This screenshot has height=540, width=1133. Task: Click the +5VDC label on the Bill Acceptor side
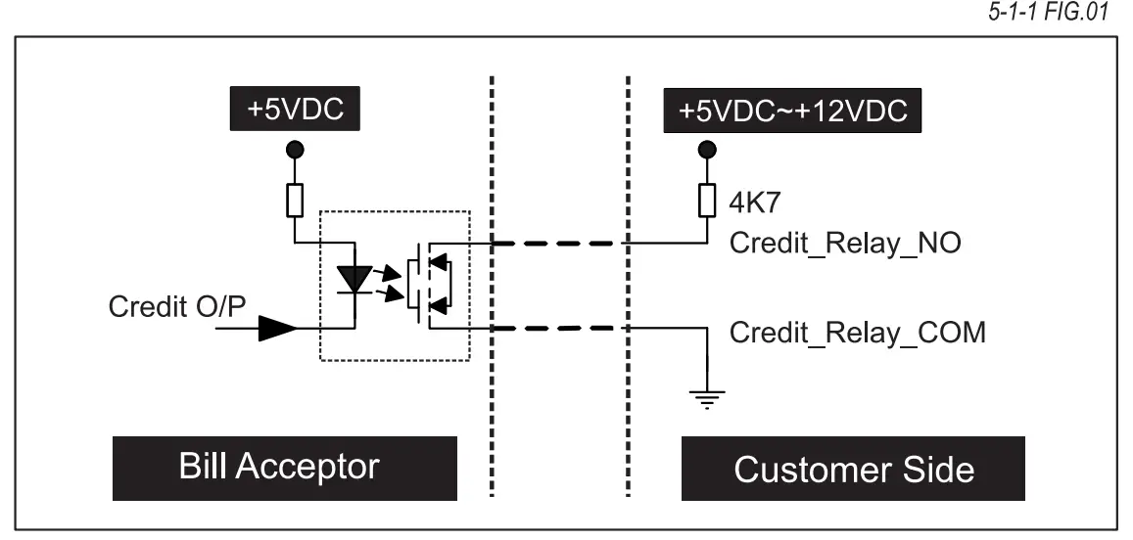point(295,110)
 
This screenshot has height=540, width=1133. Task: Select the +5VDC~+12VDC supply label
point(794,110)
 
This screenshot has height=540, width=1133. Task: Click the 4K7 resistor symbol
point(706,201)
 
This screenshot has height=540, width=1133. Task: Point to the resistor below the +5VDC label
point(295,201)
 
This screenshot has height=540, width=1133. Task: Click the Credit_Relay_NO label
point(845,244)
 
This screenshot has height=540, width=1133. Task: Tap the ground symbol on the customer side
point(706,397)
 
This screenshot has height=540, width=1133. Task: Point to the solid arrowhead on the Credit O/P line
point(277,330)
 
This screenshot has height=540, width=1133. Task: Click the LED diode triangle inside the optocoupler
point(352,277)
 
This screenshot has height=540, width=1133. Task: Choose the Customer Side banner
point(854,469)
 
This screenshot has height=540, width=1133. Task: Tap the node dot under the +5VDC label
point(295,149)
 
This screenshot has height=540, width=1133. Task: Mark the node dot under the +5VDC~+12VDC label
point(706,149)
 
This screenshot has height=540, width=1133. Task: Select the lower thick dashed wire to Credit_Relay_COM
point(557,330)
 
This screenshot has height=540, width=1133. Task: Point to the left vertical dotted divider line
point(490,284)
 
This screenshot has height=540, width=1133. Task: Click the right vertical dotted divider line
point(627,284)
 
